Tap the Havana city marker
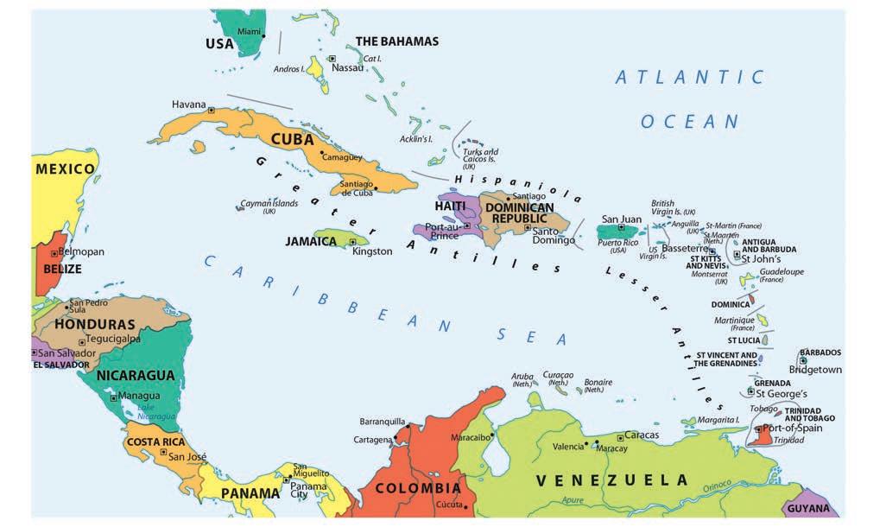pos(212,110)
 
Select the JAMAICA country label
pos(311,241)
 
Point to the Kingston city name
pos(372,251)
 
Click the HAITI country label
pos(450,206)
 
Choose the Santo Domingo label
pos(554,236)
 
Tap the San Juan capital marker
pos(621,227)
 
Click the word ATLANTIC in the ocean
pos(689,78)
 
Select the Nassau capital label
pos(348,67)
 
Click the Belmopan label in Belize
pos(81,251)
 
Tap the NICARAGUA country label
pos(136,376)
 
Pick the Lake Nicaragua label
pos(156,412)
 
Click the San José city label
pos(187,456)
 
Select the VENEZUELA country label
pos(611,480)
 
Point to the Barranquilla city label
pos(383,422)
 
